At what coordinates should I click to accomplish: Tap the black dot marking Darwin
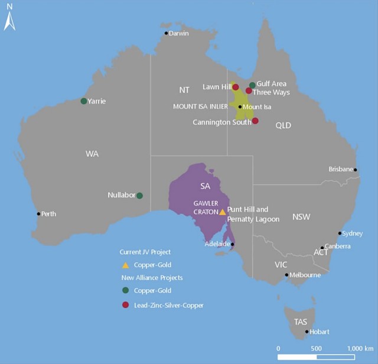pyautogui.click(x=167, y=33)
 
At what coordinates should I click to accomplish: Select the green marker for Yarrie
pyautogui.click(x=84, y=101)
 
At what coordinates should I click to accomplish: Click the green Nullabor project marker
pyautogui.click(x=139, y=196)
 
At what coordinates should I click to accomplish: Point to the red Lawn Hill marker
pyautogui.click(x=236, y=87)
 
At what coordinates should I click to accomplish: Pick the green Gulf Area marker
pyautogui.click(x=252, y=85)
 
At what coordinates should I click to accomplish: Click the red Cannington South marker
pyautogui.click(x=255, y=121)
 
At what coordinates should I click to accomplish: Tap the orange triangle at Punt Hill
pyautogui.click(x=222, y=212)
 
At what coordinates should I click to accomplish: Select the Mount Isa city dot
pyautogui.click(x=240, y=107)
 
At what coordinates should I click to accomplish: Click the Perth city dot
pyautogui.click(x=39, y=214)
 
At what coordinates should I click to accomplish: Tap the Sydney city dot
pyautogui.click(x=340, y=233)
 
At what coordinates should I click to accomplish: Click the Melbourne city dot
pyautogui.click(x=287, y=275)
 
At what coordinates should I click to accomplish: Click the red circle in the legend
pyautogui.click(x=125, y=305)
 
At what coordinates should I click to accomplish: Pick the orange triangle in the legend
pyautogui.click(x=125, y=265)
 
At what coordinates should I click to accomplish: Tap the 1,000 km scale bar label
pyautogui.click(x=360, y=348)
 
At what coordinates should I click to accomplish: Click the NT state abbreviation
pyautogui.click(x=184, y=90)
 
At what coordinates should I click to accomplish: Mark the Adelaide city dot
pyautogui.click(x=232, y=244)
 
